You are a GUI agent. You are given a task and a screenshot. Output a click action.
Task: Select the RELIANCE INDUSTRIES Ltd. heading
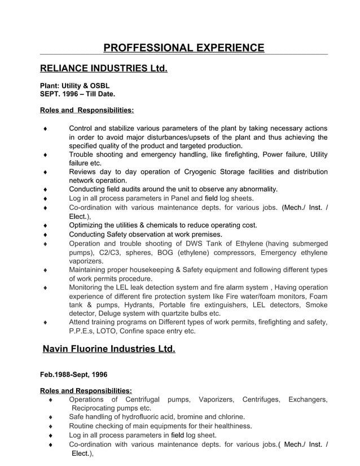tap(104, 69)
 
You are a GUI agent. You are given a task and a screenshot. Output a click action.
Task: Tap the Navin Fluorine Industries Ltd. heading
tap(109, 349)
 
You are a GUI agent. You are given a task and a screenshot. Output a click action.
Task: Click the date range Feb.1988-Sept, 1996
tap(73, 374)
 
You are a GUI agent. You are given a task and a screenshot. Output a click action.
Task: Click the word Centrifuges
tap(261, 399)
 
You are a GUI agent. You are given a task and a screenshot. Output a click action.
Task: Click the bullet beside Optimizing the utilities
tap(45, 226)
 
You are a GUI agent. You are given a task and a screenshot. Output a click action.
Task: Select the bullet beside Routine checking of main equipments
tap(51, 427)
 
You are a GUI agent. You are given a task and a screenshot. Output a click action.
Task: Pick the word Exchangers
tap(308, 399)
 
